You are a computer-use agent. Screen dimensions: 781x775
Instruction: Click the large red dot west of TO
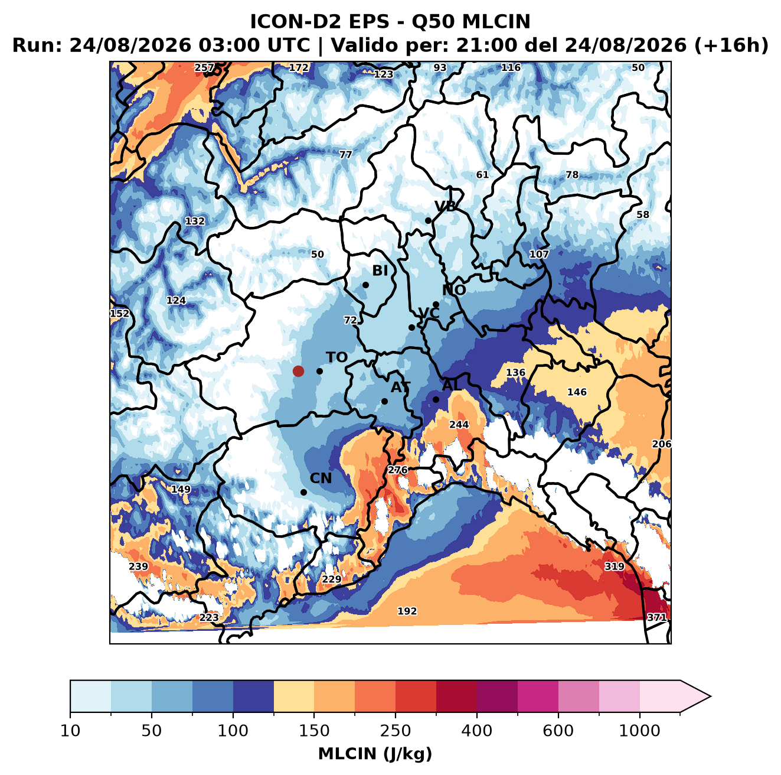298,371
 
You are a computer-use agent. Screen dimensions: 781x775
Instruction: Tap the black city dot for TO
319,371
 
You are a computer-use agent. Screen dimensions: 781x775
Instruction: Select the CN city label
321,478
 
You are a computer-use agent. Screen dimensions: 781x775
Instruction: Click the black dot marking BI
365,285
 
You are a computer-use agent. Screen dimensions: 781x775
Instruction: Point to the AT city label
400,387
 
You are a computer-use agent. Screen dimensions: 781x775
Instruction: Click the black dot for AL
436,399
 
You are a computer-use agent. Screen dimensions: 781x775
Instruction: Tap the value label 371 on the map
656,617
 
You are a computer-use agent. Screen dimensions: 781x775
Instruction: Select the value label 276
398,470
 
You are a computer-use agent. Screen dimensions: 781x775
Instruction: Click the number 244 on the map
459,425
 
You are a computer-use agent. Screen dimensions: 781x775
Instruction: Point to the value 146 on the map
577,392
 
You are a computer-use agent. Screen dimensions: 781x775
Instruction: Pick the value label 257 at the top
204,68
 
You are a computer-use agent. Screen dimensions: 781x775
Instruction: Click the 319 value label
615,566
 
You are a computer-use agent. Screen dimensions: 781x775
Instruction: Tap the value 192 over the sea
407,611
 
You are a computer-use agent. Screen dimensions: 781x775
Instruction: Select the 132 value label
195,221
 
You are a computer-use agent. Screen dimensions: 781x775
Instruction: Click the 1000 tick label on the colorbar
639,731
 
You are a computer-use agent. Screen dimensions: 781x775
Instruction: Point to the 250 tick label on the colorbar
395,731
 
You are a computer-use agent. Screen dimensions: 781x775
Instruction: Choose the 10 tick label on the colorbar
70,731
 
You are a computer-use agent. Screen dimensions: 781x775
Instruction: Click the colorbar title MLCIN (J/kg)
375,754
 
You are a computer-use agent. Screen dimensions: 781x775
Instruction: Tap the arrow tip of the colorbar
710,696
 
